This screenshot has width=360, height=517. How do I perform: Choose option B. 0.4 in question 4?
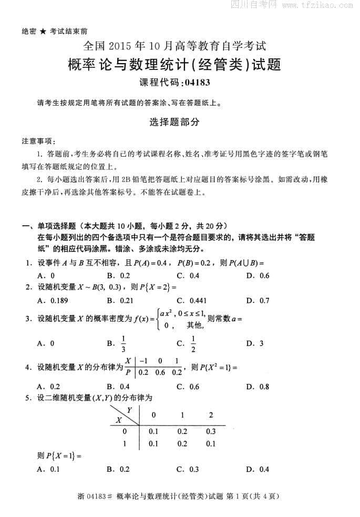(x=118, y=387)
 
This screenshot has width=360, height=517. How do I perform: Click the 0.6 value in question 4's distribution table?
(x=160, y=372)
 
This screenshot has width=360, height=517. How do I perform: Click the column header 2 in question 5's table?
(x=211, y=415)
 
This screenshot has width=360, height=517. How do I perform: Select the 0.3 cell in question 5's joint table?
(x=211, y=431)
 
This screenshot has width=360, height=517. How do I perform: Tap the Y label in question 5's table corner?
(x=129, y=409)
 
